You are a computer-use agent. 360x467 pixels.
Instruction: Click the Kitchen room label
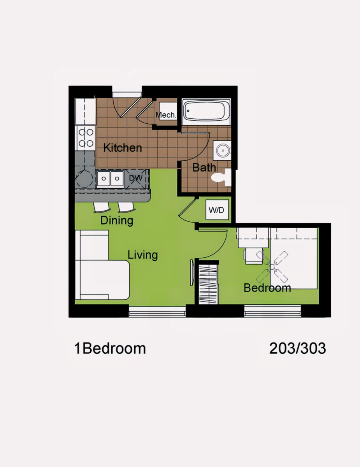click(x=123, y=148)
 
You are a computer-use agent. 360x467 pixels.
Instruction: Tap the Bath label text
click(x=204, y=167)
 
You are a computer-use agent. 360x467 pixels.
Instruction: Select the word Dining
click(x=117, y=221)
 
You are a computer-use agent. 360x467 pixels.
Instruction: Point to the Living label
click(x=143, y=255)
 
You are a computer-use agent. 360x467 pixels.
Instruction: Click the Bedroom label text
click(x=267, y=288)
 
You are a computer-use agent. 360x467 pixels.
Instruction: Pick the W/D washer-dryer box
click(x=217, y=210)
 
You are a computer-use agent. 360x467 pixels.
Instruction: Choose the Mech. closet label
click(x=166, y=115)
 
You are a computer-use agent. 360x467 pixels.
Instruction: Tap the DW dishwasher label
click(x=136, y=178)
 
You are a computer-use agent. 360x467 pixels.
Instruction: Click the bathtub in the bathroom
click(x=206, y=112)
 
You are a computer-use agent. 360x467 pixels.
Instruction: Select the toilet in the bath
click(x=221, y=178)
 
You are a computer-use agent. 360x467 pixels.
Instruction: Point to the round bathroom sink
click(x=222, y=151)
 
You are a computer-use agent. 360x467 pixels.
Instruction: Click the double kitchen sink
click(x=110, y=178)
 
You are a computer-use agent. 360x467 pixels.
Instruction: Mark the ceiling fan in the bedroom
click(x=272, y=267)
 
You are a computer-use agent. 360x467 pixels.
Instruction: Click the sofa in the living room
click(x=102, y=265)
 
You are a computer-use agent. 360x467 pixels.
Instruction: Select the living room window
click(x=157, y=311)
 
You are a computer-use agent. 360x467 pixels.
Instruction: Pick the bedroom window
click(x=272, y=311)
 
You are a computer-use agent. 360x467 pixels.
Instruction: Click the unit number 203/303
click(x=297, y=348)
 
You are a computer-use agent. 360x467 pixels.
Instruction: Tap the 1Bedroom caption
click(x=110, y=348)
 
